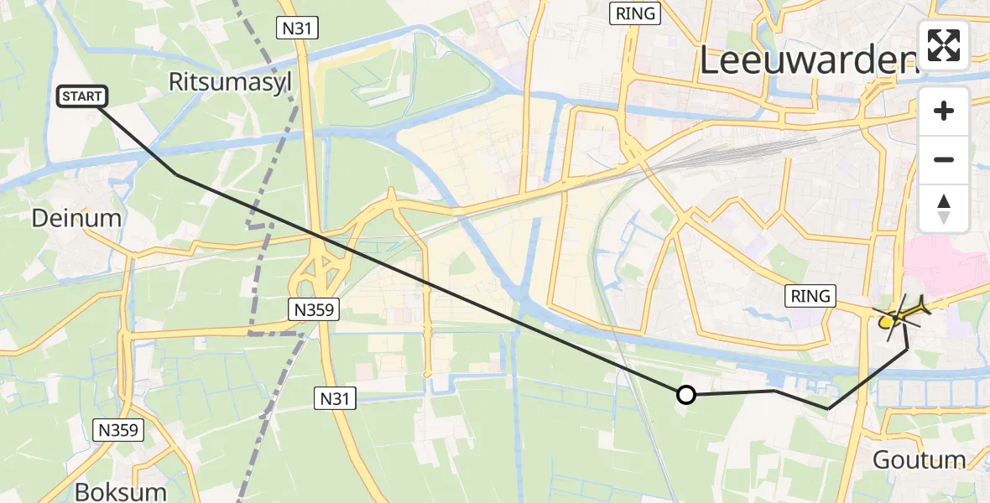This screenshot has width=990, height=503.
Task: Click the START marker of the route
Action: click(x=81, y=97)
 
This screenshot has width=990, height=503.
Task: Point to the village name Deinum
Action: click(x=76, y=219)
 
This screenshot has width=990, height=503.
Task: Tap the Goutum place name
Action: click(x=919, y=459)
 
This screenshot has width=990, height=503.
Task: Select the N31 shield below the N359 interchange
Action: click(x=336, y=399)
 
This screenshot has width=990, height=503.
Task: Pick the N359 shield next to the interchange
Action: click(x=314, y=309)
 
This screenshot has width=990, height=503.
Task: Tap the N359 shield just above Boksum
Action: click(x=118, y=431)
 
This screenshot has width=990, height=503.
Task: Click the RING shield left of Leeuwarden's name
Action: click(x=638, y=13)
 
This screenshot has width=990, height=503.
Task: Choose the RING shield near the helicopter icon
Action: click(x=810, y=295)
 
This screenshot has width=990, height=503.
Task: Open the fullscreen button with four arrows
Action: click(x=944, y=45)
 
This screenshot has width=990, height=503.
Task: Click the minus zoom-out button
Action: click(x=944, y=159)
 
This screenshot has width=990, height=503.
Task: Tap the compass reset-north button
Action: click(x=944, y=209)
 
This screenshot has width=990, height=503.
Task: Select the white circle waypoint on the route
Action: click(x=686, y=394)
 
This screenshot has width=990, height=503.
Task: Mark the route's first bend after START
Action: click(x=176, y=174)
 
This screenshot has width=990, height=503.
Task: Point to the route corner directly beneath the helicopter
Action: click(x=907, y=348)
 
